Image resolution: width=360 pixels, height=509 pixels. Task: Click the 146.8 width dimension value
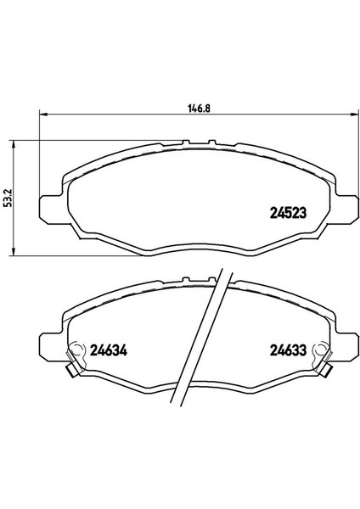click(x=199, y=108)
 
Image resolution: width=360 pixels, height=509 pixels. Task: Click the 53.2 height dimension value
click(x=9, y=198)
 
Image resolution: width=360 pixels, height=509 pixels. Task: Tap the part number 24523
click(x=288, y=213)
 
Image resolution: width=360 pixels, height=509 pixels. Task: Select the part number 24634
click(x=108, y=350)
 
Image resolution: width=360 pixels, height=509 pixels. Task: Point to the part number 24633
click(x=288, y=350)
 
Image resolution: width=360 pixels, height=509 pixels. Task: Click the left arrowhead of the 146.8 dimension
click(x=43, y=114)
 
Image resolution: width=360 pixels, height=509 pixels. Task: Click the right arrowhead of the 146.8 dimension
click(x=355, y=114)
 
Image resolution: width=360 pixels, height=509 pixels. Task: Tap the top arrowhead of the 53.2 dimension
click(x=13, y=145)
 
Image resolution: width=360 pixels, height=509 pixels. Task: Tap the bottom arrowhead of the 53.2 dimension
click(x=13, y=251)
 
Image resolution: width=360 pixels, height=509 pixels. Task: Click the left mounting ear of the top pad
click(x=50, y=209)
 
